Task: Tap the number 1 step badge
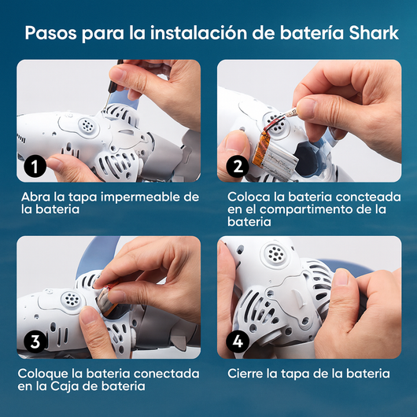tap(34, 166)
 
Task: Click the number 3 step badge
tap(34, 342)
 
